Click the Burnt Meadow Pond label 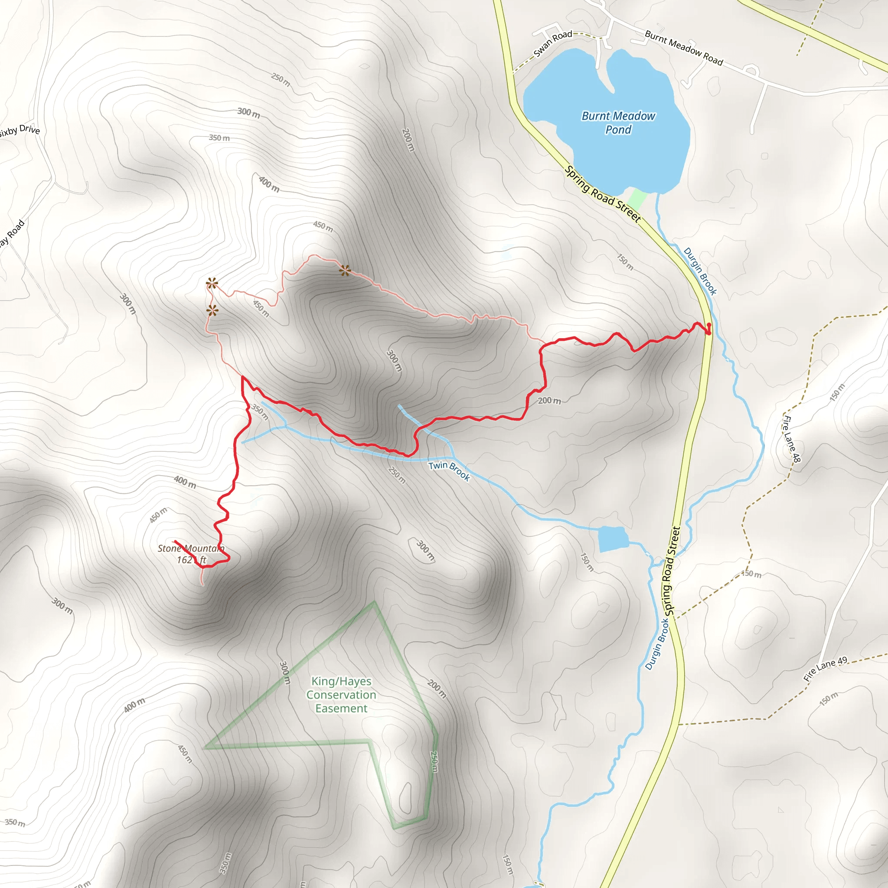(618, 123)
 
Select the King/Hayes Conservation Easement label (341, 695)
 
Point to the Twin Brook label (449, 470)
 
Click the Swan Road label (552, 44)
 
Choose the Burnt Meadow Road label (683, 48)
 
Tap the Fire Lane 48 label (792, 438)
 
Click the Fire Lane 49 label (825, 669)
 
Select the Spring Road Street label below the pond (603, 194)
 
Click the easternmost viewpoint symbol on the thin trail (345, 271)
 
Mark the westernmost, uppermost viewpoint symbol (212, 283)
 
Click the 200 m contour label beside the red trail (549, 401)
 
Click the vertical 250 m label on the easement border (434, 761)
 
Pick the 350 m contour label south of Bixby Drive (219, 138)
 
